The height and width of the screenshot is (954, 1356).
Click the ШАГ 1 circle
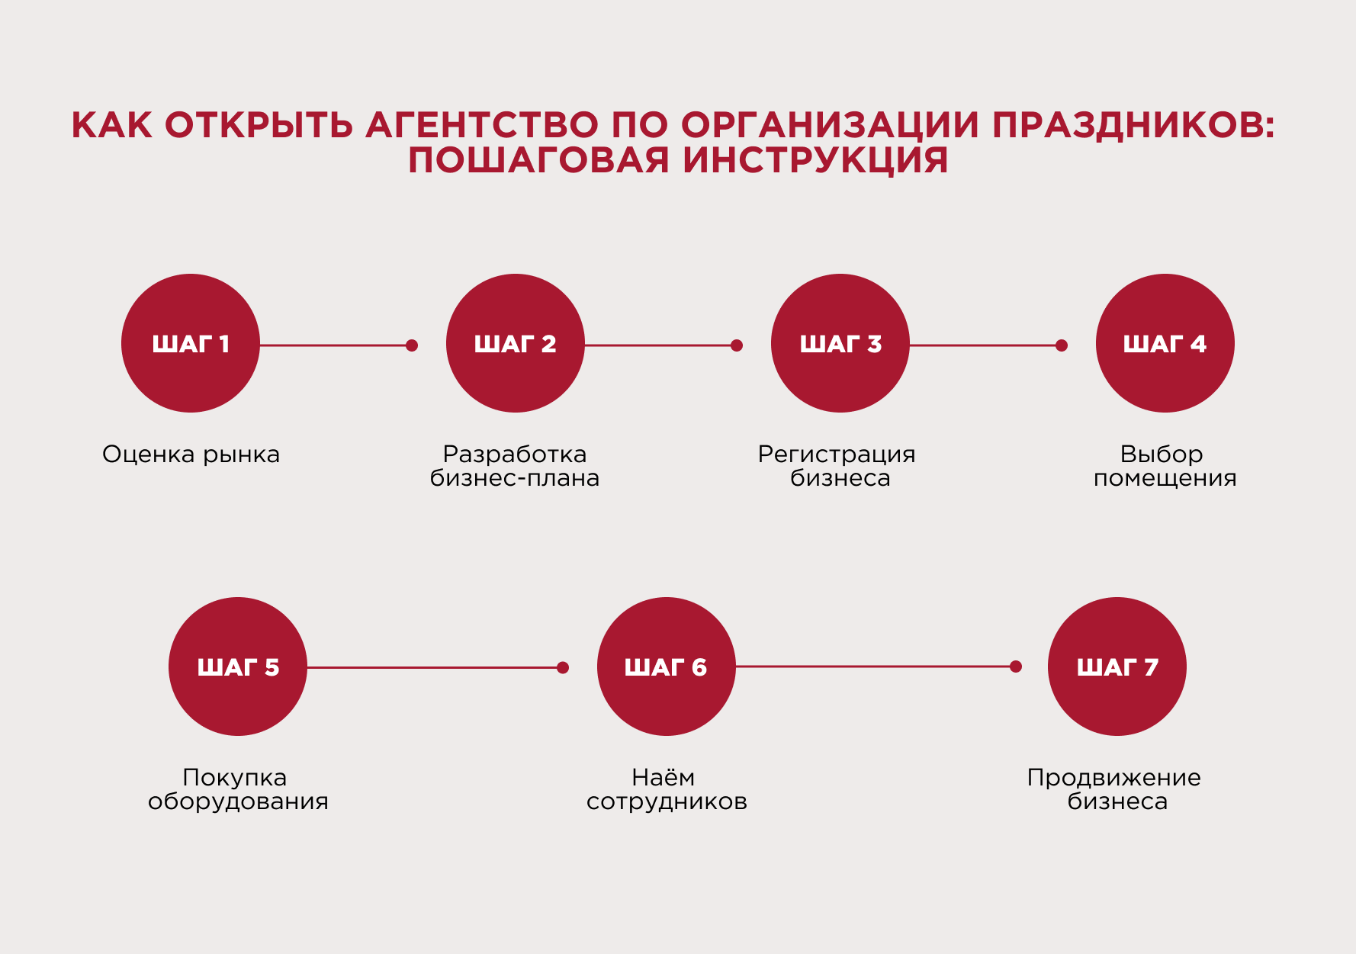(191, 343)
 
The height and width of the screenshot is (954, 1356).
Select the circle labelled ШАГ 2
(516, 343)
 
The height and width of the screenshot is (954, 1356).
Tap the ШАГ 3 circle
(840, 343)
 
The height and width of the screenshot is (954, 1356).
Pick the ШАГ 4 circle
(1165, 343)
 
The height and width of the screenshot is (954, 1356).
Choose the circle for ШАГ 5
(238, 667)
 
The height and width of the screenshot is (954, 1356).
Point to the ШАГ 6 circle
(667, 667)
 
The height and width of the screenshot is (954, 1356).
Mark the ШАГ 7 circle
(1117, 667)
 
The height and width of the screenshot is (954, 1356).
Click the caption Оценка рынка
(191, 455)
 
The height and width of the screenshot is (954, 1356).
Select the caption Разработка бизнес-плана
(515, 466)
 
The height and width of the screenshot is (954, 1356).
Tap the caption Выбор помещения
(1165, 466)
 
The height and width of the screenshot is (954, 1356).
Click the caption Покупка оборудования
(238, 789)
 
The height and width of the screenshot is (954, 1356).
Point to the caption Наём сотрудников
(667, 789)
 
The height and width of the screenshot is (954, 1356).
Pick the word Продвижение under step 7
(1114, 778)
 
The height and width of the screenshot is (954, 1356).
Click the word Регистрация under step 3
(837, 455)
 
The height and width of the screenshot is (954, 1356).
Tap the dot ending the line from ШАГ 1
(412, 345)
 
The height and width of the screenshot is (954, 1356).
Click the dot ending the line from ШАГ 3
(1062, 345)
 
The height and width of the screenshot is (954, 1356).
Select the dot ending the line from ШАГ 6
(1016, 667)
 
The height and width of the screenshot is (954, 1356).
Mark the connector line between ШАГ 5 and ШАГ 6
(435, 667)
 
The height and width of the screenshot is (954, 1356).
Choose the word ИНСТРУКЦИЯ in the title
(816, 160)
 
